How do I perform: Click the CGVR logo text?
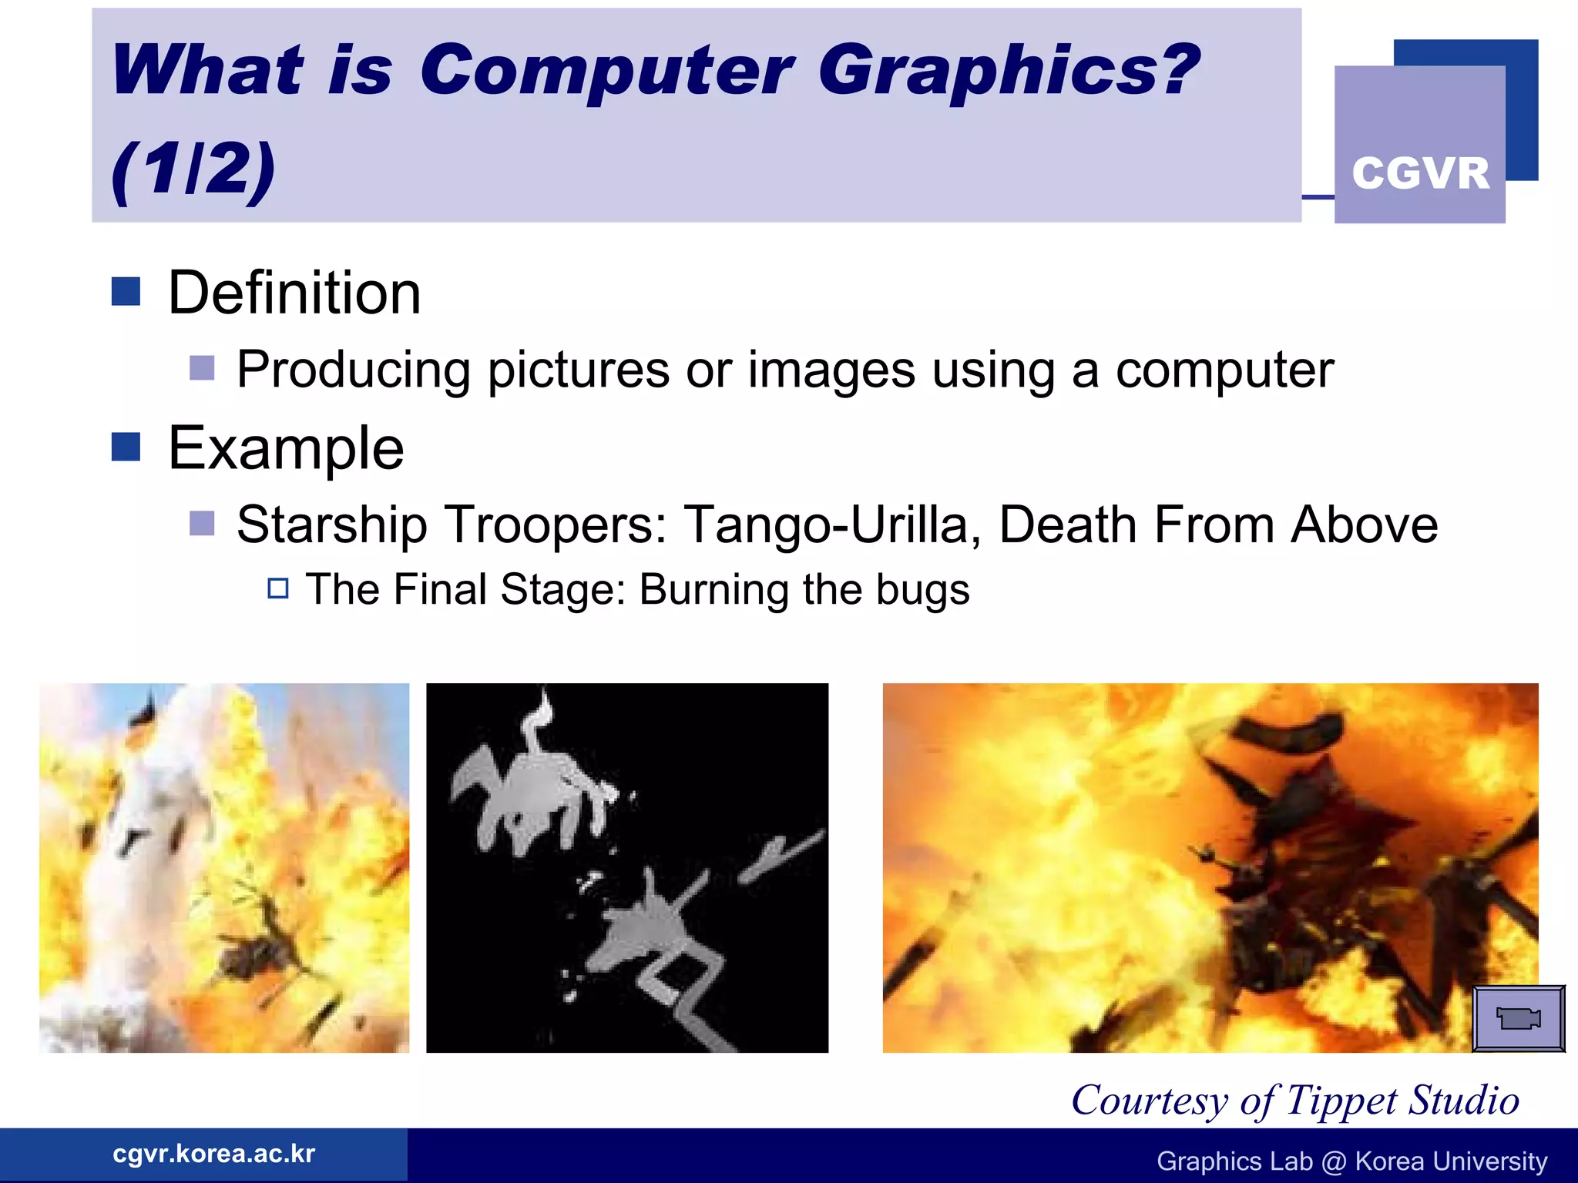click(1420, 173)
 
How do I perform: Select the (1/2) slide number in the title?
click(193, 169)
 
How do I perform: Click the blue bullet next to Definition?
click(126, 292)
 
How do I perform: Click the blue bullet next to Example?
click(126, 447)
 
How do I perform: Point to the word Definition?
click(294, 293)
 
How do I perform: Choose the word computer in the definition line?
click(1224, 371)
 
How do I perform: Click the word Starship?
click(331, 525)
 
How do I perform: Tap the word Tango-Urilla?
click(832, 525)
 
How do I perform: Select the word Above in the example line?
click(1364, 525)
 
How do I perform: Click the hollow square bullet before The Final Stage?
click(278, 588)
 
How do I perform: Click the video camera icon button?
click(1518, 1018)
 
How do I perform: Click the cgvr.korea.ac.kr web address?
click(213, 1154)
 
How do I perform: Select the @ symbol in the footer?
click(1334, 1161)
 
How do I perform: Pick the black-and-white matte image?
click(627, 867)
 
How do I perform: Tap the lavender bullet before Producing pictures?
click(202, 368)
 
